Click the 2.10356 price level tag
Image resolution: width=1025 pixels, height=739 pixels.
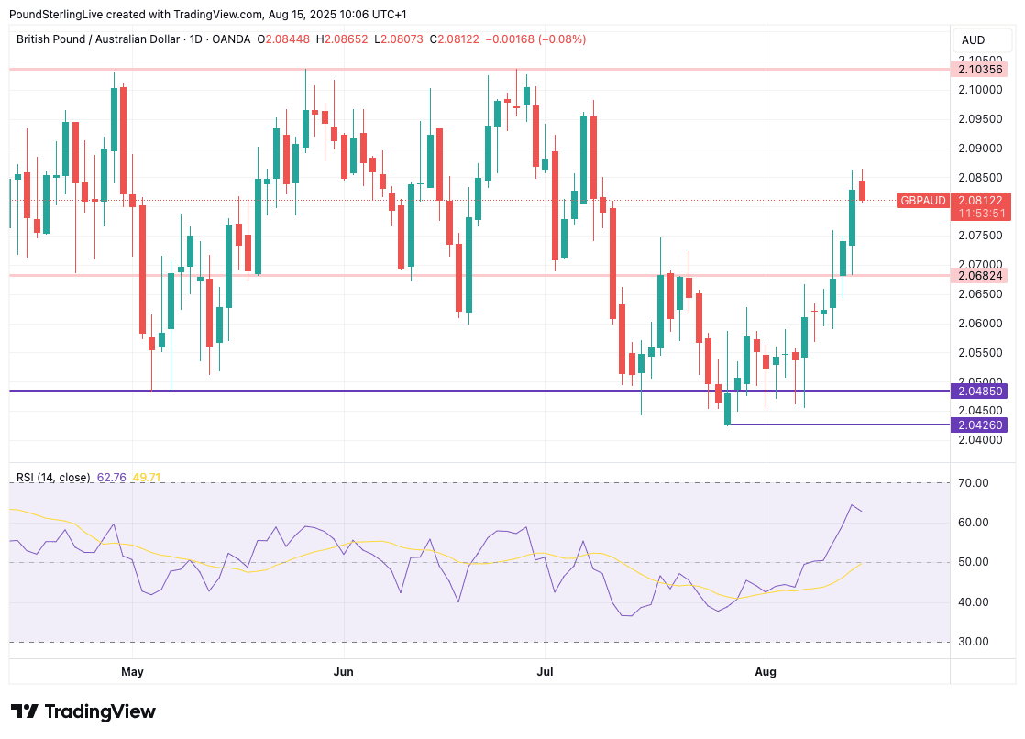[980, 69]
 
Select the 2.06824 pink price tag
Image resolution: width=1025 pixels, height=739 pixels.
[980, 275]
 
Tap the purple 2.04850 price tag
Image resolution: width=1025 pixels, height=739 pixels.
[980, 391]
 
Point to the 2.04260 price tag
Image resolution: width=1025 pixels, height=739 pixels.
[980, 425]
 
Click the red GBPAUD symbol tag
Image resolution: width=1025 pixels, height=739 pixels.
[922, 200]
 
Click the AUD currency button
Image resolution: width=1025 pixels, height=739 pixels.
[973, 39]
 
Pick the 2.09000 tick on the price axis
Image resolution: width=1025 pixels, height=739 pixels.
[980, 148]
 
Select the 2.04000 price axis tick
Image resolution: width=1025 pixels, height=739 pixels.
[980, 440]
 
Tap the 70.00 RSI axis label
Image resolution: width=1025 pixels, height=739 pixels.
[974, 483]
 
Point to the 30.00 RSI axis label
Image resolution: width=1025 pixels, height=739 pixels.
[974, 642]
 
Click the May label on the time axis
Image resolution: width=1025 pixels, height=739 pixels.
[132, 672]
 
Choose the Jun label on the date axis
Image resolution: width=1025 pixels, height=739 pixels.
[343, 672]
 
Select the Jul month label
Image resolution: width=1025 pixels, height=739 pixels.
[545, 672]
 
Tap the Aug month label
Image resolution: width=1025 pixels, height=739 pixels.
[766, 672]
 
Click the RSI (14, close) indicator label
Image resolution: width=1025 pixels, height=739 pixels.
[53, 478]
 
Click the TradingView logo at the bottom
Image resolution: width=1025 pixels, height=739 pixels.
[83, 711]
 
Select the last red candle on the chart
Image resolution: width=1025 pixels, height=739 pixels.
[862, 190]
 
